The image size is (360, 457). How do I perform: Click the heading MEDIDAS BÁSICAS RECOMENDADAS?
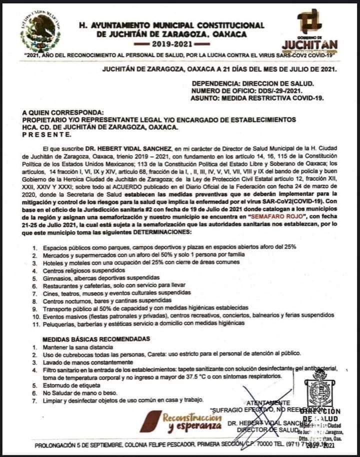pos(95,338)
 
